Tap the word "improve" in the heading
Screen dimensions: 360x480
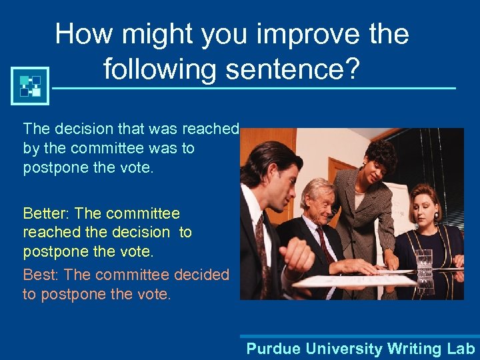coord(271,33)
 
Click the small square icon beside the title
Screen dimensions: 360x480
coord(30,85)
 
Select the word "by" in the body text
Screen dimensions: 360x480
coord(31,147)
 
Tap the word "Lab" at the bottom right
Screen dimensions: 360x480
coord(459,348)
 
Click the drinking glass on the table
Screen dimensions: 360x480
coord(423,262)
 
